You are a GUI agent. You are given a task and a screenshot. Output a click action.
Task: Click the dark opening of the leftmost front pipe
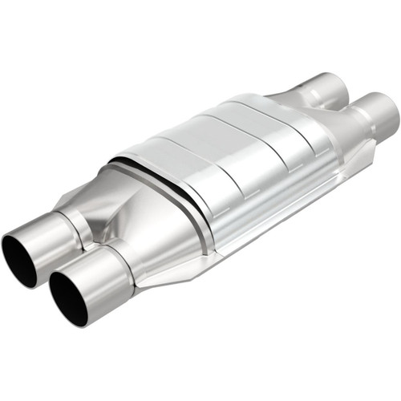(18, 258)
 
